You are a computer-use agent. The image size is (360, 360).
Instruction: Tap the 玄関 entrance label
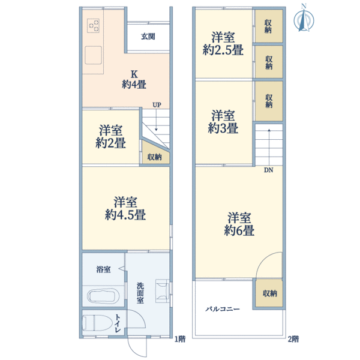pyautogui.click(x=148, y=36)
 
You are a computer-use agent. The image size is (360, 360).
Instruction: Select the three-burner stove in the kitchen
pyautogui.click(x=93, y=25)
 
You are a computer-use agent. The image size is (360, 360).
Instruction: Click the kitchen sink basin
pyautogui.click(x=93, y=55)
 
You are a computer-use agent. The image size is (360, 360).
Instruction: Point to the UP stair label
pyautogui.click(x=157, y=105)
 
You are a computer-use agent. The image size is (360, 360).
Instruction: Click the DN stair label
pyautogui.click(x=268, y=170)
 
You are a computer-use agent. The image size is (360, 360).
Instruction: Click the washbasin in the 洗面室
pyautogui.click(x=163, y=291)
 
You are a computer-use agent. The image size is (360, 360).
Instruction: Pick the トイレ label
pyautogui.click(x=118, y=324)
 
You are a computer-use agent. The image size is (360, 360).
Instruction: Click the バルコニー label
pyautogui.click(x=222, y=309)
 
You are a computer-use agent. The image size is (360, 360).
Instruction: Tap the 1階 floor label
pyautogui.click(x=180, y=339)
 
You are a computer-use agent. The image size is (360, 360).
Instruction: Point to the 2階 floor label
pyautogui.click(x=293, y=339)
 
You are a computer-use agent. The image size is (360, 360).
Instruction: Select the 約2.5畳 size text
pyautogui.click(x=223, y=50)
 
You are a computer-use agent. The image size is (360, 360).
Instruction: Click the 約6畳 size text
pyautogui.click(x=239, y=230)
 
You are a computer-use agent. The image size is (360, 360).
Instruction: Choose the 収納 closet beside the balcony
pyautogui.click(x=269, y=293)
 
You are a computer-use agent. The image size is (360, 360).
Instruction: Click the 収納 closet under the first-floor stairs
pyautogui.click(x=155, y=154)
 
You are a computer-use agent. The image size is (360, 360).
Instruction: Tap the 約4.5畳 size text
pyautogui.click(x=125, y=215)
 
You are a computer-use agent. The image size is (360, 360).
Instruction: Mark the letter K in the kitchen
pyautogui.click(x=134, y=74)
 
